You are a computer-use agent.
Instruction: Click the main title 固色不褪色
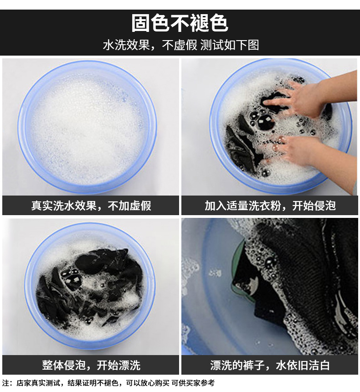point(180,23)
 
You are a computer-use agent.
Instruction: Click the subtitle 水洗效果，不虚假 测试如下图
point(181,45)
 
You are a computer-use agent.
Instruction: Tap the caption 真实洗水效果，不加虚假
point(91,206)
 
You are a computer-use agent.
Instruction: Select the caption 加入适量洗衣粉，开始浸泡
point(270,206)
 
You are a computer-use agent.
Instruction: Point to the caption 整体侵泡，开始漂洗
point(91,365)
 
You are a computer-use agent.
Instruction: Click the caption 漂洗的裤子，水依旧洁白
point(270,365)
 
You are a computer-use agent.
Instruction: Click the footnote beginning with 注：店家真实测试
point(108,383)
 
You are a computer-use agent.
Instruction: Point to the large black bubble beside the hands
point(265,123)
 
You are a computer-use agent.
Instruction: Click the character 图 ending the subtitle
point(253,45)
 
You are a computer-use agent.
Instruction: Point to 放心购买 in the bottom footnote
point(159,383)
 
